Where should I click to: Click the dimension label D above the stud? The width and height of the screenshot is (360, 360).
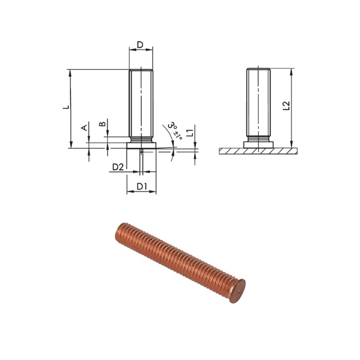[140, 45]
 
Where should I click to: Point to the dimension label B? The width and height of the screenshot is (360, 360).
[102, 123]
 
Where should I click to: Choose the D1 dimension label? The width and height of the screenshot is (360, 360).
[142, 186]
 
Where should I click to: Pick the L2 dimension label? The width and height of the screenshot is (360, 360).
[287, 106]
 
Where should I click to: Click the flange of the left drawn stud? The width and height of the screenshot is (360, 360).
[141, 146]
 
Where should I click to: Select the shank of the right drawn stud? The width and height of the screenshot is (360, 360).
[258, 103]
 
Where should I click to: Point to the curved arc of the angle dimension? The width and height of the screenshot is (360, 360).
[168, 135]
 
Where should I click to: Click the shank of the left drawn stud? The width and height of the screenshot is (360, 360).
[141, 103]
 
